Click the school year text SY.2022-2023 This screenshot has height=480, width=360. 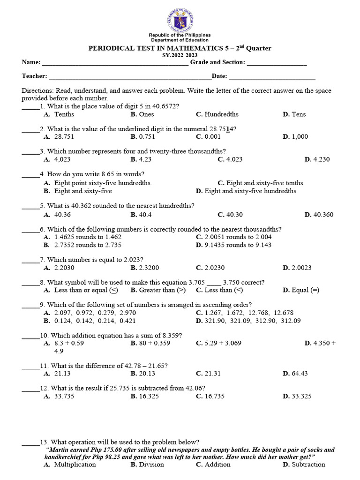(180, 55)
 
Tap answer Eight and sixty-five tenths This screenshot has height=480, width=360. (264, 183)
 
